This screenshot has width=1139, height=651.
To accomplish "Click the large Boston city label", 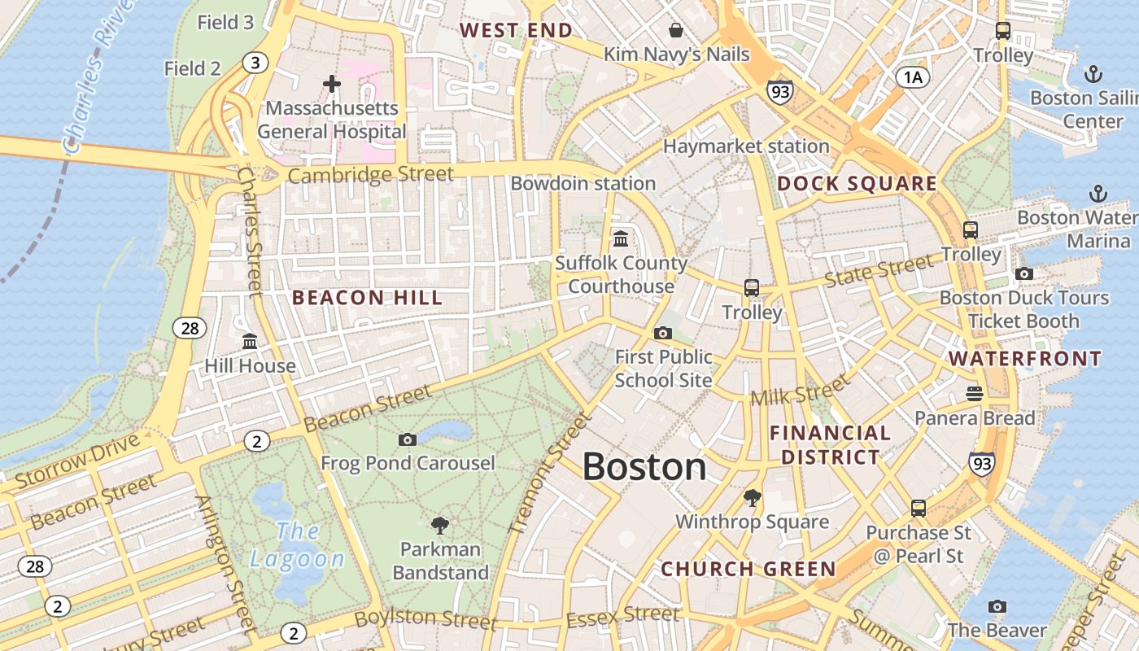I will coord(644,467).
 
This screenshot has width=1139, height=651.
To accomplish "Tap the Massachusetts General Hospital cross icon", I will coord(332,83).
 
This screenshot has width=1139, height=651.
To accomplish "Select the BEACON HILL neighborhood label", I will coord(368,298).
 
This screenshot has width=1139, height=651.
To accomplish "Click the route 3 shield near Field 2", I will coord(255,63).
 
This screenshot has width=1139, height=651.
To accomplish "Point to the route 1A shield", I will coord(913,77).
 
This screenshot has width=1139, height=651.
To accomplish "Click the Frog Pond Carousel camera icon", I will coord(408,439).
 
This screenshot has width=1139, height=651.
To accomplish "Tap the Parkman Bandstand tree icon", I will coord(440,525).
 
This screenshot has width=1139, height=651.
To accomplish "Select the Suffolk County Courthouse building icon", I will coord(621,238).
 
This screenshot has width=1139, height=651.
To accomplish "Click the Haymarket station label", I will coord(746,146).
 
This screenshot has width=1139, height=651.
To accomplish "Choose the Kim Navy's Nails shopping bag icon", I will coord(675,31).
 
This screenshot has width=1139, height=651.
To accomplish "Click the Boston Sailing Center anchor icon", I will coord(1093,75).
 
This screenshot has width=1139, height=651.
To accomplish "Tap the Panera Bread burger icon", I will coord(975,394).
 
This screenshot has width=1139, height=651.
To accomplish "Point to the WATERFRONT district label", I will coord(1025,359).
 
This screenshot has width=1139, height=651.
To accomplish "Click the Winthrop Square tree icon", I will coord(753,497).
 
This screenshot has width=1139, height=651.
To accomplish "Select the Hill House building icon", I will coord(250,342).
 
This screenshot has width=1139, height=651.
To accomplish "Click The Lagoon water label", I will coord(297,545).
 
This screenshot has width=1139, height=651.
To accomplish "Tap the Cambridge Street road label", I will coord(370,175).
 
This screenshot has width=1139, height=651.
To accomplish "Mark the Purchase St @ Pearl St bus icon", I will coord(919,509).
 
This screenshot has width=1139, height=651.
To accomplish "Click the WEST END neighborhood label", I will coord(516,31).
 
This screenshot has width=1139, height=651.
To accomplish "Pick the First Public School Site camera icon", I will coord(663,333).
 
